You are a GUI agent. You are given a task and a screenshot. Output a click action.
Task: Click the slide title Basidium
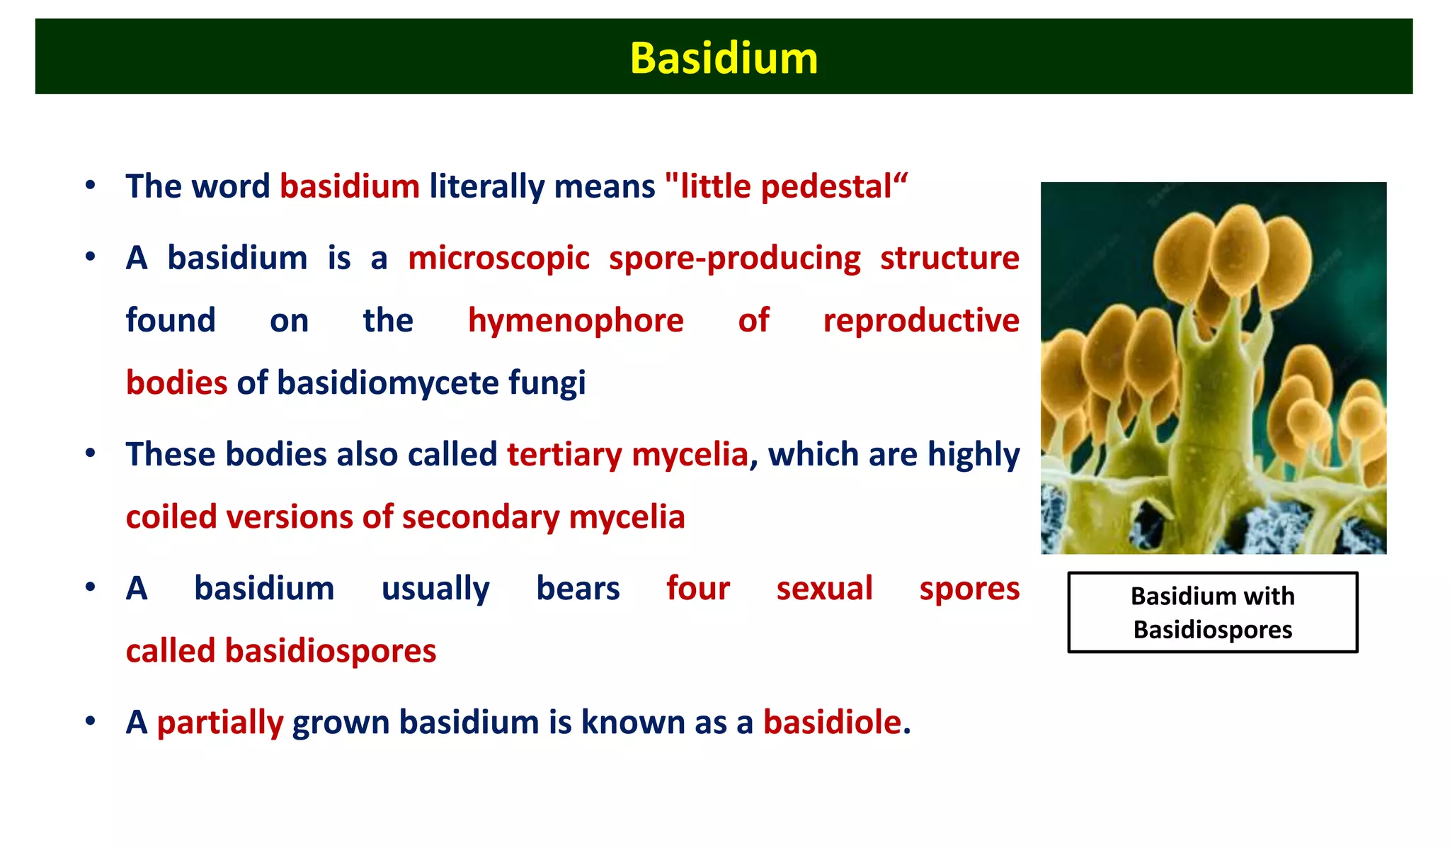click(x=724, y=58)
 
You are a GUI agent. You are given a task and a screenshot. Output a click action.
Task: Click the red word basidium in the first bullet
click(x=350, y=187)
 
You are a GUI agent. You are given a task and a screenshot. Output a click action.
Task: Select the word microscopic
click(x=498, y=259)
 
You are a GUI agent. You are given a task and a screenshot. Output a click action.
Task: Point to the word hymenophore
click(x=576, y=321)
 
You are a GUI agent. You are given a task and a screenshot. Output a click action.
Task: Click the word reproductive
click(x=920, y=321)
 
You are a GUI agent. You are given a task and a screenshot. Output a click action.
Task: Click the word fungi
click(x=547, y=383)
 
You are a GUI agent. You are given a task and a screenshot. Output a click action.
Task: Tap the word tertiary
click(x=564, y=455)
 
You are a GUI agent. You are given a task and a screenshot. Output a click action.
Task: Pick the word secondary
click(x=481, y=517)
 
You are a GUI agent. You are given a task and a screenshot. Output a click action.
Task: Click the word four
click(x=697, y=589)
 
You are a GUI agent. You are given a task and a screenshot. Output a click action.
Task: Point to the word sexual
click(x=824, y=589)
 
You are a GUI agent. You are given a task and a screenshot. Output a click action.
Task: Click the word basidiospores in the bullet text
click(x=330, y=651)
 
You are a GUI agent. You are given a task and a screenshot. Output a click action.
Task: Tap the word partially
click(x=219, y=723)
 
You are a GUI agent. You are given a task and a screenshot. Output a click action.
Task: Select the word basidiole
click(x=831, y=723)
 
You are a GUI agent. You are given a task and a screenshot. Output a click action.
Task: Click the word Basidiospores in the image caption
click(x=1212, y=630)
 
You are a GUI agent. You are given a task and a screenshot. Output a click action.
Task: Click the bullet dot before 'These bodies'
click(x=90, y=453)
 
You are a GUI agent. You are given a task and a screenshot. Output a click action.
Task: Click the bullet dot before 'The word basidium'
click(x=90, y=186)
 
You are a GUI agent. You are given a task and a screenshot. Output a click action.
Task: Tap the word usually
click(x=435, y=589)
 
